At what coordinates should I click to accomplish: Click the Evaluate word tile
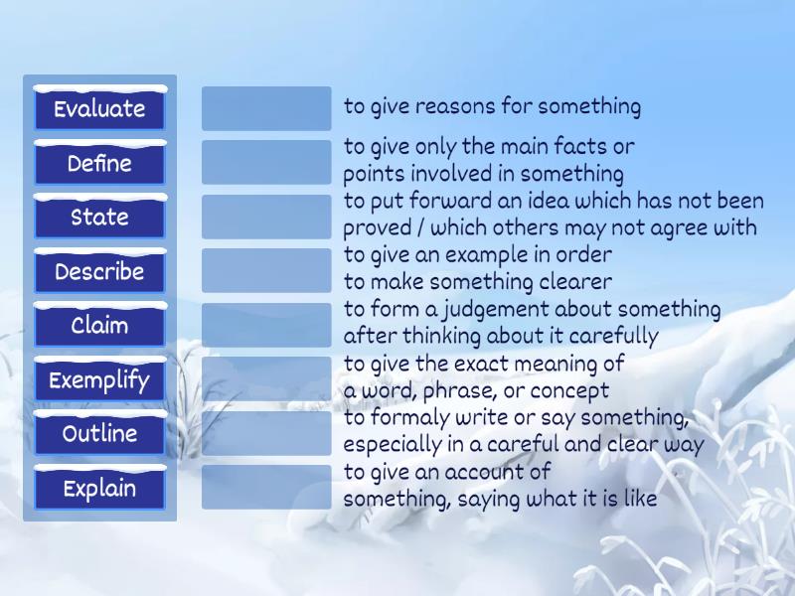click(x=99, y=109)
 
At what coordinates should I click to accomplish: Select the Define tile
click(x=99, y=163)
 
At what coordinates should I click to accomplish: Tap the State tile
click(x=99, y=218)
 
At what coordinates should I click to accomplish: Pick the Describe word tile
click(x=99, y=271)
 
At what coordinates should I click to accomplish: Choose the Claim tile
click(x=99, y=326)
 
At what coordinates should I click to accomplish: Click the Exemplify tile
click(x=99, y=379)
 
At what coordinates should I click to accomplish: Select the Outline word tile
click(x=99, y=434)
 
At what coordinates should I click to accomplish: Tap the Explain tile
click(x=99, y=488)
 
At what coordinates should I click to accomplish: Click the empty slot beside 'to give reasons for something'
click(x=266, y=108)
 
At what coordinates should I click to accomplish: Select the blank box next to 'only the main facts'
click(x=266, y=162)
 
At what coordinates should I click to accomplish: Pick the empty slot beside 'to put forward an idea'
click(x=266, y=217)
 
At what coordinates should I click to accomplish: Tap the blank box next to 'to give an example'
click(x=266, y=270)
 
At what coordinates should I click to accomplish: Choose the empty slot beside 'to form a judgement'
click(x=266, y=325)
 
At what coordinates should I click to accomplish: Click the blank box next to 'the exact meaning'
click(x=266, y=378)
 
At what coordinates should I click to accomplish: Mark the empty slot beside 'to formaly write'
click(x=266, y=433)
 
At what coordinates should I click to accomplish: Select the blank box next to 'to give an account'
click(x=266, y=487)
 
